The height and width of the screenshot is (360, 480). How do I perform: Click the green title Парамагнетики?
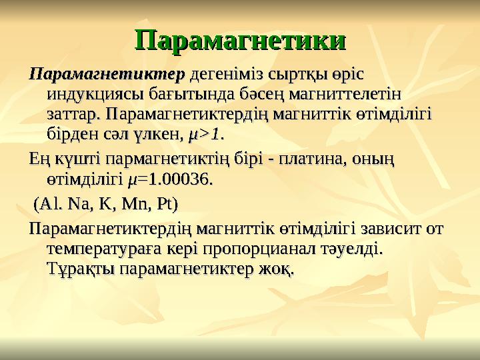click(x=241, y=39)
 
